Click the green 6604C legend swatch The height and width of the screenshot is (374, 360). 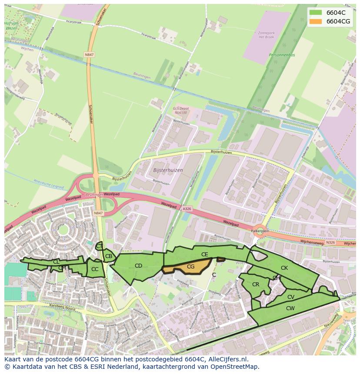pyautogui.click(x=316, y=13)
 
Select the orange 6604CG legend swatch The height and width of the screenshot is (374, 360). pyautogui.click(x=316, y=21)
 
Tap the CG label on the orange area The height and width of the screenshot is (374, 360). pyautogui.click(x=190, y=266)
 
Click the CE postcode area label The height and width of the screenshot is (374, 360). pyautogui.click(x=204, y=254)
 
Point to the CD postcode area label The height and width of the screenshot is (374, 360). pyautogui.click(x=138, y=265)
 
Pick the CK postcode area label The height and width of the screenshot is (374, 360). pyautogui.click(x=284, y=268)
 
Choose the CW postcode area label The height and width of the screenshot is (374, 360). pyautogui.click(x=290, y=308)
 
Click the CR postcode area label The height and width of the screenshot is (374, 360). pyautogui.click(x=256, y=285)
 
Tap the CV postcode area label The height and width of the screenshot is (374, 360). pyautogui.click(x=291, y=297)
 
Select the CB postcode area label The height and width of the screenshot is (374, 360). pyautogui.click(x=109, y=256)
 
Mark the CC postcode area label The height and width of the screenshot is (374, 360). pyautogui.click(x=95, y=269)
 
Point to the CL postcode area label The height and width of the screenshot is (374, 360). pyautogui.click(x=56, y=261)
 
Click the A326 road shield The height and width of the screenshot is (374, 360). pyautogui.click(x=187, y=209)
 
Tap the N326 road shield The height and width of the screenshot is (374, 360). pyautogui.click(x=330, y=242)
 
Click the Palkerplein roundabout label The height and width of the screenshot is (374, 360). pyautogui.click(x=260, y=232)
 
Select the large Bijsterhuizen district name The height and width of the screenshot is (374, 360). pyautogui.click(x=168, y=170)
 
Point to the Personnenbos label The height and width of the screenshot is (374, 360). pyautogui.click(x=282, y=55)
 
